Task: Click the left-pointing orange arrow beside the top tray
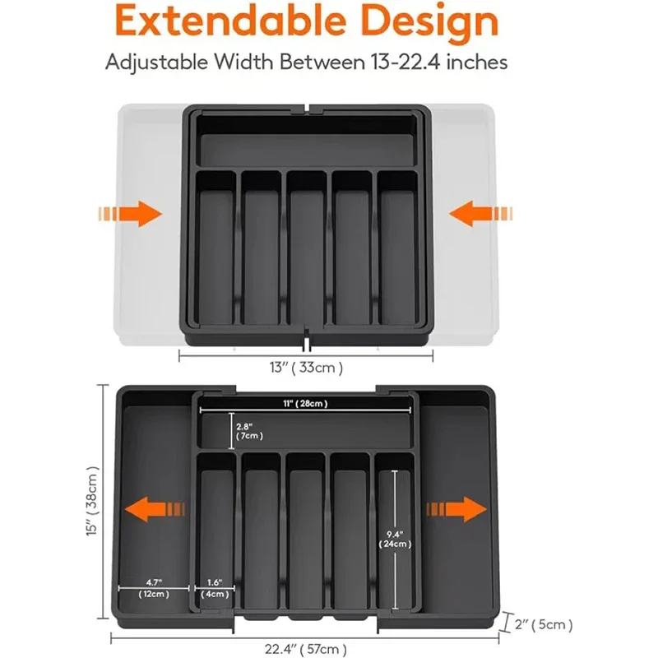point(480,215)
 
